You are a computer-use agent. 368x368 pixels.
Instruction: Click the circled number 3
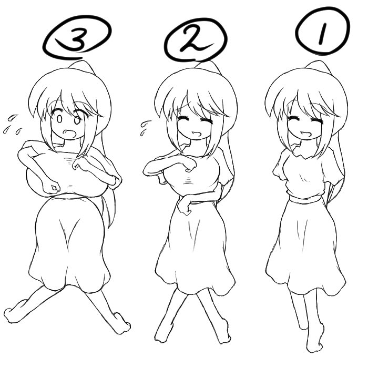click(x=78, y=38)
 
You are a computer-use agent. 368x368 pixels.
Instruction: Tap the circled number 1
click(x=322, y=32)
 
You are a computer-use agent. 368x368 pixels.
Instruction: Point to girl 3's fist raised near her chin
click(x=81, y=167)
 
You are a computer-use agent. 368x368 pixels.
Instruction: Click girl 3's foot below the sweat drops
click(x=15, y=312)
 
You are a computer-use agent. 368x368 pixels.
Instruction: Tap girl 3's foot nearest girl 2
click(x=121, y=322)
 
